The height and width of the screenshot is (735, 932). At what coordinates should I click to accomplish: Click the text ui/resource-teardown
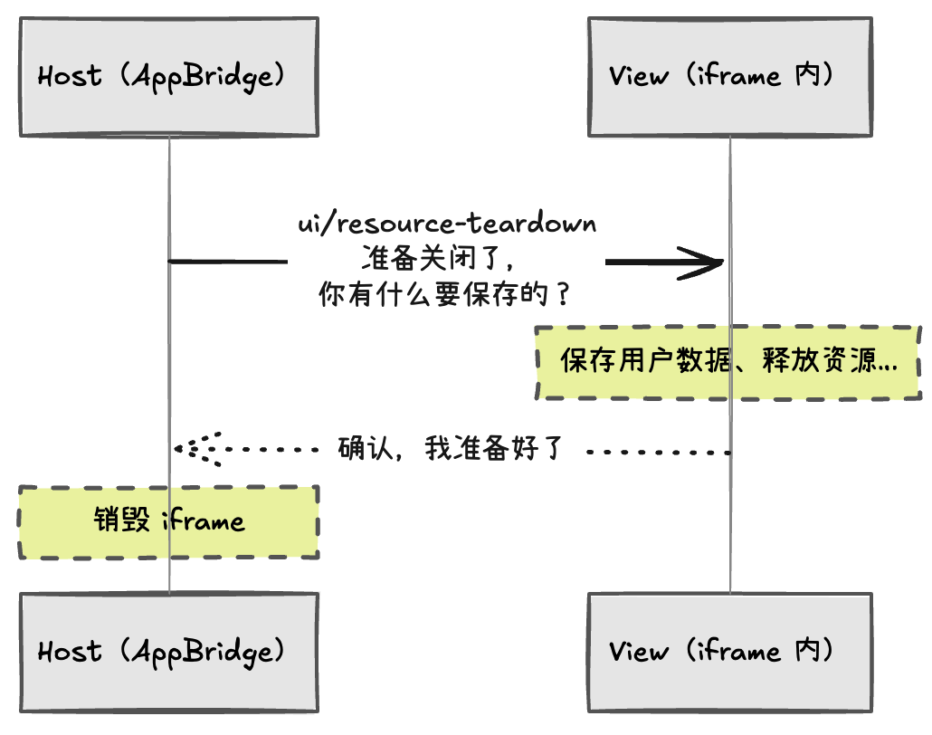coord(447,224)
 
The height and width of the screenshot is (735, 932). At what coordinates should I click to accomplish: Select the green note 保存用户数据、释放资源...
coord(728,363)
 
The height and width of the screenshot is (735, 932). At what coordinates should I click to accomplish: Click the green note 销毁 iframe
coord(168,521)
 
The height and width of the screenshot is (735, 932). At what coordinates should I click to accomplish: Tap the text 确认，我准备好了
coord(451,448)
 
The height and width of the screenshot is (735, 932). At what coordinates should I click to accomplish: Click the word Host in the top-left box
coord(70,76)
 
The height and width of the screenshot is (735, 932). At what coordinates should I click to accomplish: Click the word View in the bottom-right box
coord(639,651)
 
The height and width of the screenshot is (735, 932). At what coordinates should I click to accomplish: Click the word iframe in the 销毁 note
coord(203,521)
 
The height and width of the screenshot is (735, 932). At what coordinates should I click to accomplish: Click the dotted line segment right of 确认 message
coord(658,450)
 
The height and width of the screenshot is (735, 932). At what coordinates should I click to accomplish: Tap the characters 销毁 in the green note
coord(122,521)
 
